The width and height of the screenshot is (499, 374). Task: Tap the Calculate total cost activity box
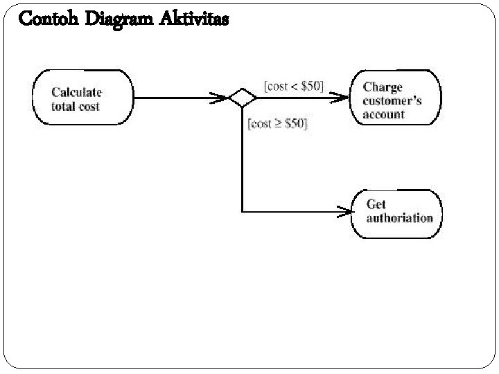click(82, 98)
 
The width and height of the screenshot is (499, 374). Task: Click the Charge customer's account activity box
click(396, 98)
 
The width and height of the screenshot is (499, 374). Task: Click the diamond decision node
click(243, 98)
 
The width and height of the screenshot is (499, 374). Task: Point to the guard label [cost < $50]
click(293, 87)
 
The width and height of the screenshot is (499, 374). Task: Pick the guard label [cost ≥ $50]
click(277, 123)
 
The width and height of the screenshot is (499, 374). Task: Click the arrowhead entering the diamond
click(222, 98)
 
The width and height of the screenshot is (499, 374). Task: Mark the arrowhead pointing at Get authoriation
click(344, 211)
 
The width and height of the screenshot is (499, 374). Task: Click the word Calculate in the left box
click(76, 91)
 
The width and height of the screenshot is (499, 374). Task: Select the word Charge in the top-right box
click(383, 87)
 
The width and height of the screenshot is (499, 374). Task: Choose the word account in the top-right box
click(383, 114)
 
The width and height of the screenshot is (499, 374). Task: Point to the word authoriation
click(400, 218)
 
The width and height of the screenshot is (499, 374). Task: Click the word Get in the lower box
click(376, 204)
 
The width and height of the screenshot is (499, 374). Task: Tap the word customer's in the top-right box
click(392, 100)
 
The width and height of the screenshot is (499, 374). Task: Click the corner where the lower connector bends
click(242, 211)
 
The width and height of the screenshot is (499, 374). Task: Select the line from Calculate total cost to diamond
click(173, 98)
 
